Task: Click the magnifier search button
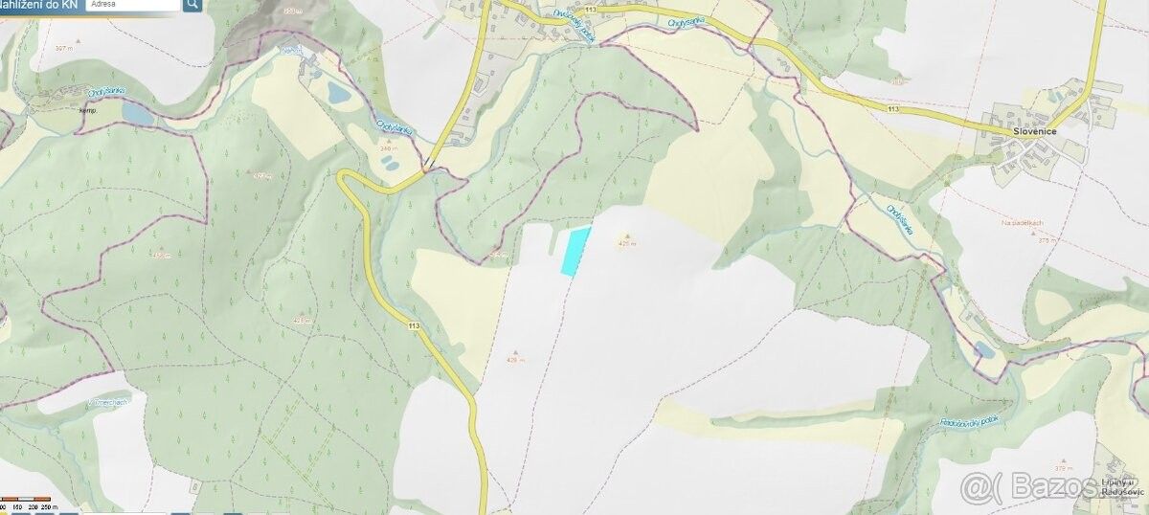[x=192, y=5]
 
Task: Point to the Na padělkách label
[x=1020, y=223]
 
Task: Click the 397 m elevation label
[x=65, y=48]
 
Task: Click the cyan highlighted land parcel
[x=574, y=252]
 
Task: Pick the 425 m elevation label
[x=627, y=244]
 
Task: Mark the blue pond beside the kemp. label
[x=136, y=114]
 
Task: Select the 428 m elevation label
[x=303, y=320]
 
